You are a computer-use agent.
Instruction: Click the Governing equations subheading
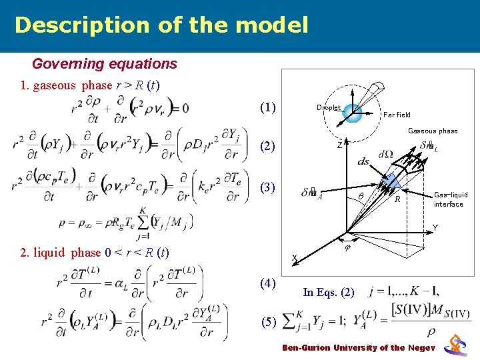105,64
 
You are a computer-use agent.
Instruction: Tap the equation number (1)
269,107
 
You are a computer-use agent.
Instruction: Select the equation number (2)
269,146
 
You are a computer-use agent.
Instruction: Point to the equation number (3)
269,187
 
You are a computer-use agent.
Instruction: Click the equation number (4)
269,283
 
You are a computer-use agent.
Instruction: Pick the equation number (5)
269,323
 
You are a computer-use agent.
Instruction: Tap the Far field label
397,115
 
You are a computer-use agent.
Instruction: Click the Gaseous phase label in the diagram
433,131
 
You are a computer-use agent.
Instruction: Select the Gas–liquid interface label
451,199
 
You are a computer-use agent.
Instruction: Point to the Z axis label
339,145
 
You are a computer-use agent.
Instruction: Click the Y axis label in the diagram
435,228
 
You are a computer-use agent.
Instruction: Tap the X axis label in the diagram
294,258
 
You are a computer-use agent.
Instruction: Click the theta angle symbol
361,197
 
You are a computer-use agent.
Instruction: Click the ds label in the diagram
364,161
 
